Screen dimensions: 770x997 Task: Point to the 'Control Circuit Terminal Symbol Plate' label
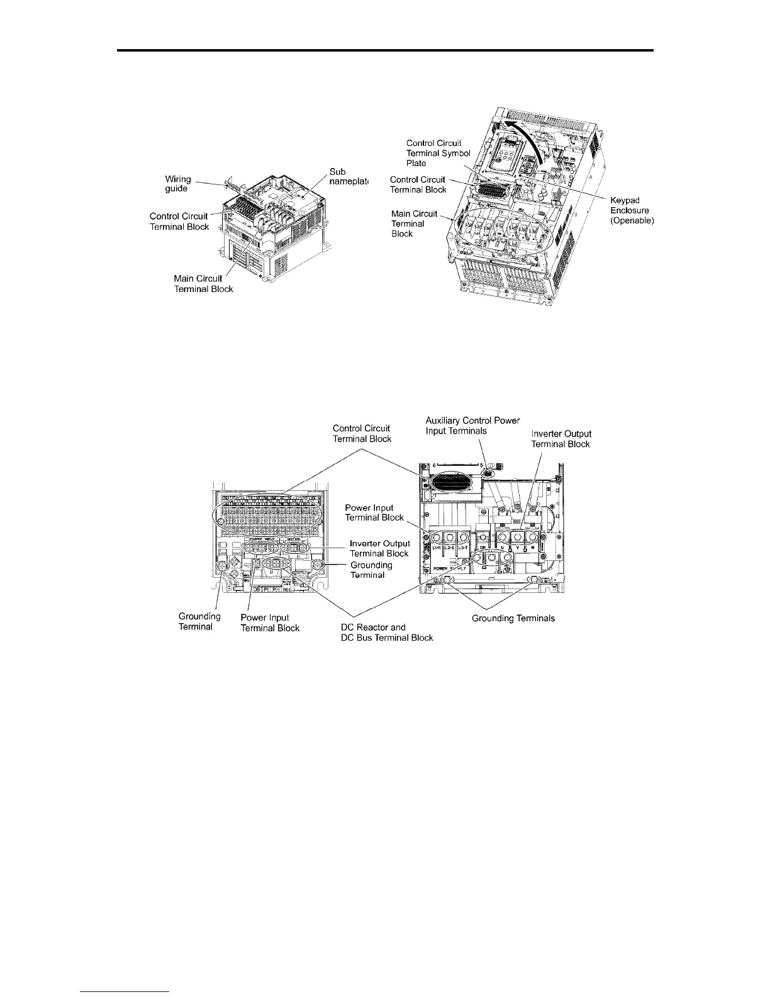(x=438, y=153)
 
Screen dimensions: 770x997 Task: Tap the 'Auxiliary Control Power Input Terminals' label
(x=472, y=425)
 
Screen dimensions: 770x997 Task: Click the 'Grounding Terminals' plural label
(x=513, y=618)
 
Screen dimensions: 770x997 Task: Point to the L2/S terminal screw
(x=450, y=537)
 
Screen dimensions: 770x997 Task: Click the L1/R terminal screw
(x=435, y=537)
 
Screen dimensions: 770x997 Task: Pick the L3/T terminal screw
(x=466, y=537)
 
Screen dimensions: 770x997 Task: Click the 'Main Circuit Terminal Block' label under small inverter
(x=203, y=284)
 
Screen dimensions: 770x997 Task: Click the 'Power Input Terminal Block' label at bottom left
(x=270, y=622)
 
